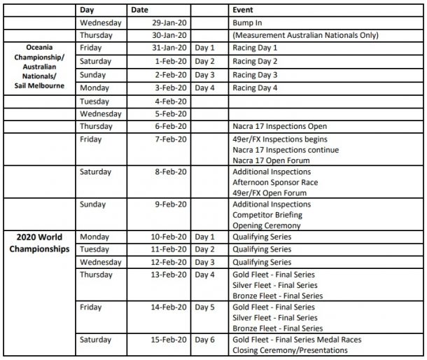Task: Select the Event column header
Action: [x=244, y=11]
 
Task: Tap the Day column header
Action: [x=87, y=11]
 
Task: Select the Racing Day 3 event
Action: [x=255, y=74]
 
